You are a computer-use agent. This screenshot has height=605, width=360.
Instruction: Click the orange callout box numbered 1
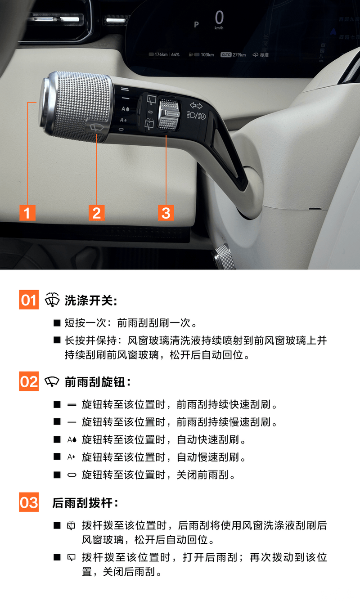click(27, 213)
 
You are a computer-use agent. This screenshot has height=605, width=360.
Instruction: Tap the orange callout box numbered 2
click(96, 213)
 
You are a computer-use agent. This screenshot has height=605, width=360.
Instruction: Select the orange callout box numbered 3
click(166, 213)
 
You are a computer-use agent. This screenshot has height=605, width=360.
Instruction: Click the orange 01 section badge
click(29, 300)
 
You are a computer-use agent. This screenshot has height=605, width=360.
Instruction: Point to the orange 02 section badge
click(29, 381)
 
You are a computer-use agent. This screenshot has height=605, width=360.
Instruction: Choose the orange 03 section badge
click(29, 502)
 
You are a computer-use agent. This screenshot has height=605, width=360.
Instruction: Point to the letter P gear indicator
click(197, 25)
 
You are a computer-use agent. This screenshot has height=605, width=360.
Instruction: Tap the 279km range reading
click(239, 55)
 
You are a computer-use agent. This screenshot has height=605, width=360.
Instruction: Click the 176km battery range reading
click(161, 54)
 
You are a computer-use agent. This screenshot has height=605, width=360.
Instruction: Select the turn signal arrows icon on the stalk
click(196, 106)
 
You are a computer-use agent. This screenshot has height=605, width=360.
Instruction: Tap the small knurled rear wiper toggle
click(169, 113)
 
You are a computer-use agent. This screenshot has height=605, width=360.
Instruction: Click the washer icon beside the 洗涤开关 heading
click(52, 300)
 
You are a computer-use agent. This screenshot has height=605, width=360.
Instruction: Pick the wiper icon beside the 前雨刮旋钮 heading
click(52, 381)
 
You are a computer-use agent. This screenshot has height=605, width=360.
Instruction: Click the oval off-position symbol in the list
click(72, 475)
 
